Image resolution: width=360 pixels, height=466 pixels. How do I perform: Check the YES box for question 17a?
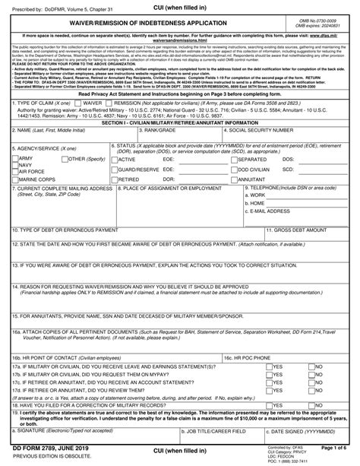tap(270, 365)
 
